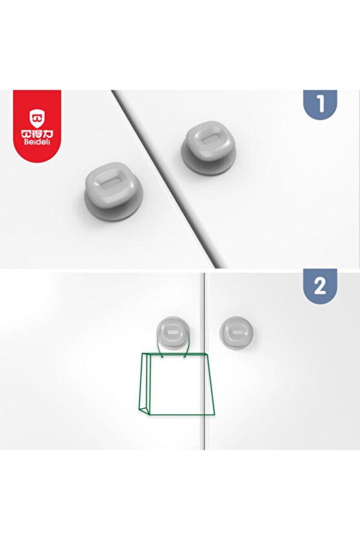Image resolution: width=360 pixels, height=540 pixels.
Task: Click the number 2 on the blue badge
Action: point(320,286)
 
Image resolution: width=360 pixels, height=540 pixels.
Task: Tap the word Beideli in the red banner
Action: point(37,141)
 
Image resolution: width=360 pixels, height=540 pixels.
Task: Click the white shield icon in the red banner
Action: point(37,118)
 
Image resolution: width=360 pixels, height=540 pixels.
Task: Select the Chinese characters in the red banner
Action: point(37,134)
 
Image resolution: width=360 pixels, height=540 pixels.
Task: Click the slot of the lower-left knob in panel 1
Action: point(110,183)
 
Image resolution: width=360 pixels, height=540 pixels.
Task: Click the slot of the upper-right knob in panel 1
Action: point(210,140)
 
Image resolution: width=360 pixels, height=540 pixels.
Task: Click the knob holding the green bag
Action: point(173,333)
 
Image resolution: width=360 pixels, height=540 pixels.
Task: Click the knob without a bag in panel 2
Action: point(237,333)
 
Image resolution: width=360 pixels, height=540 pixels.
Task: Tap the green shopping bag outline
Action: point(176,384)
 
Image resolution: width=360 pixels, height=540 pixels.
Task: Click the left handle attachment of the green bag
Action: point(162,356)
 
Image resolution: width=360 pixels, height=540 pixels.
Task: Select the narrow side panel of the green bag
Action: point(146,384)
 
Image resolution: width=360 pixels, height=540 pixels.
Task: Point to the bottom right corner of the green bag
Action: point(215,413)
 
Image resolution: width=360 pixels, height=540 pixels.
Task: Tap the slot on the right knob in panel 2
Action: point(237,332)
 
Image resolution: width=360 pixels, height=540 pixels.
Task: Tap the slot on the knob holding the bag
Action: point(173,332)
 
